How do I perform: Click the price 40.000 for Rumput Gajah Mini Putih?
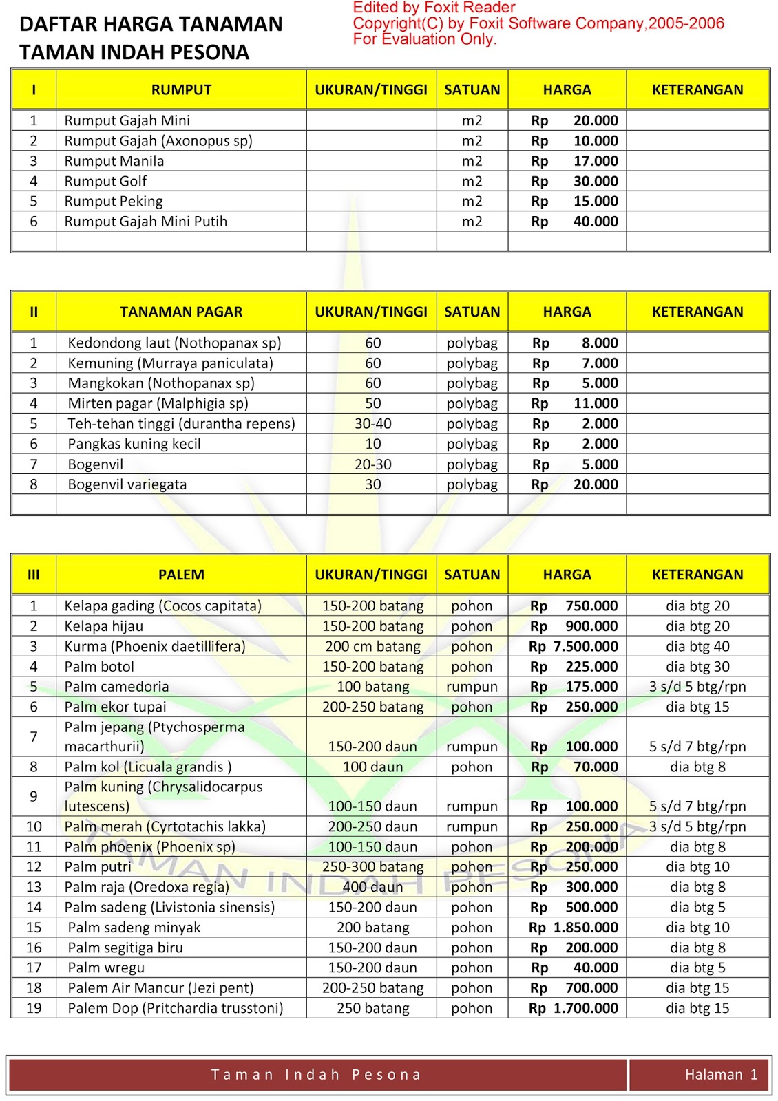click(595, 222)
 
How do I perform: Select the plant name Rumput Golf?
click(105, 181)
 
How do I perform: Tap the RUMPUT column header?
click(181, 89)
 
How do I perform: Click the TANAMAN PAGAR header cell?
click(181, 312)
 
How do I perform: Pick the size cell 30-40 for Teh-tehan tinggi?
click(372, 424)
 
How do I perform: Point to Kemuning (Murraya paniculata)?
click(170, 363)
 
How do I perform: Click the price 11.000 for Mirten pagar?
click(596, 403)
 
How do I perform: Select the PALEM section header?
click(181, 575)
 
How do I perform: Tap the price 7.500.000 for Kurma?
click(585, 646)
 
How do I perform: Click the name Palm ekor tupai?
click(115, 707)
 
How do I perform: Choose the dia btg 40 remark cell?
click(697, 646)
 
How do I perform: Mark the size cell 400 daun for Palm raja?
click(372, 887)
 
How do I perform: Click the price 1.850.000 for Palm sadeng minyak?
click(585, 928)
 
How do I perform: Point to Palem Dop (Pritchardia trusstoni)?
click(175, 1008)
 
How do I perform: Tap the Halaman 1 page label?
click(721, 1075)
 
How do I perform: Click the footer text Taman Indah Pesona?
click(316, 1075)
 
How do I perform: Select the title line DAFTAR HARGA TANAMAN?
click(151, 24)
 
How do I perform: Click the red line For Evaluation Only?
click(424, 39)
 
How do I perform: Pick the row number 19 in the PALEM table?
click(34, 1008)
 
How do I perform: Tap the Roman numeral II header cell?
click(34, 312)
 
